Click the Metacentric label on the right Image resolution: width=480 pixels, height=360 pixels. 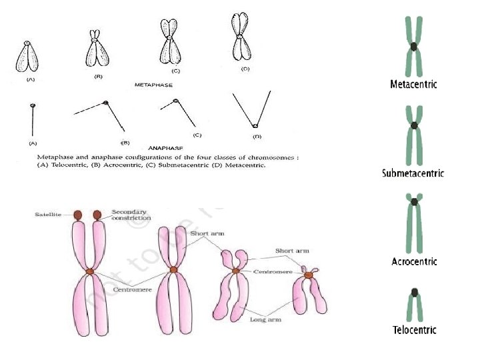click(413, 85)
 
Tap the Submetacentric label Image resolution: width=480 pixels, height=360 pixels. click(413, 173)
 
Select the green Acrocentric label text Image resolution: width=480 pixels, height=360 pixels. click(413, 261)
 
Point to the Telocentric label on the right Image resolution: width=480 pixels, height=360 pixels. click(414, 329)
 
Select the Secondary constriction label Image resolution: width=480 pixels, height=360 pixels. click(131, 215)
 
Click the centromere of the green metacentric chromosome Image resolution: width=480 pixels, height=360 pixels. click(414, 47)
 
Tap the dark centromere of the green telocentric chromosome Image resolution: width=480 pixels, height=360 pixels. click(414, 291)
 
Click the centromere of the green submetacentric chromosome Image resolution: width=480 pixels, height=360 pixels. click(414, 125)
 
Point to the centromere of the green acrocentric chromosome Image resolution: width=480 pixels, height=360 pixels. click(414, 201)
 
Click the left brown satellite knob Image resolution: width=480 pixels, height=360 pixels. click(77, 215)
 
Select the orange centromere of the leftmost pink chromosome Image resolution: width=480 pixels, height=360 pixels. click(90, 271)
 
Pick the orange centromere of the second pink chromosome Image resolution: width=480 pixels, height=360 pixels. click(173, 270)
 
